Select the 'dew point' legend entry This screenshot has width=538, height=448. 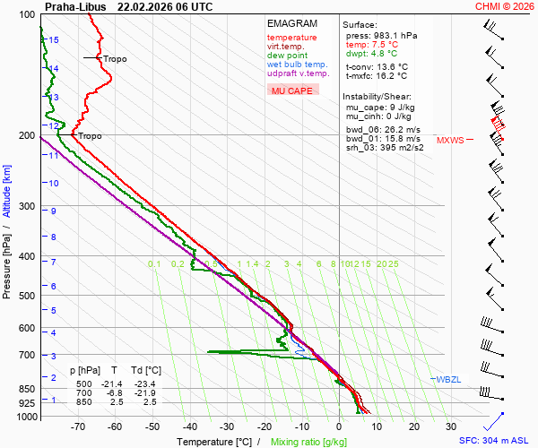point(287,56)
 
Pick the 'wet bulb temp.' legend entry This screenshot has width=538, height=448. point(297,65)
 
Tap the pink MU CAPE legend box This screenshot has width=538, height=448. point(292,90)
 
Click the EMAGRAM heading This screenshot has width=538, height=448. point(291,23)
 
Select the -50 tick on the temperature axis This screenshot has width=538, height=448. point(152,427)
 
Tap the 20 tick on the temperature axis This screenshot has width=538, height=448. point(413,427)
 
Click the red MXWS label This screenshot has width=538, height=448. point(450,140)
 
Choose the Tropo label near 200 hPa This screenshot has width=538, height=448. point(90,136)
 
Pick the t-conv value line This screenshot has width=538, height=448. point(377,66)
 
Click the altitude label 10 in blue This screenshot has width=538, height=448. point(54,184)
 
